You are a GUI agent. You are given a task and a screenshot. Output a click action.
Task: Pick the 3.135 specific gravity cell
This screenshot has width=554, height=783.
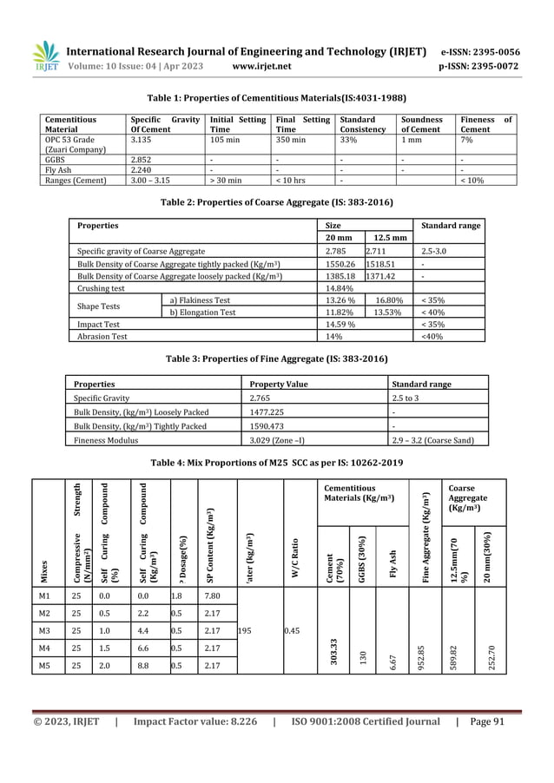point(142,137)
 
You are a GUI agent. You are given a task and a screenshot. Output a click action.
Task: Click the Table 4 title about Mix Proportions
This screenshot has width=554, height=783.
point(277,461)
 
